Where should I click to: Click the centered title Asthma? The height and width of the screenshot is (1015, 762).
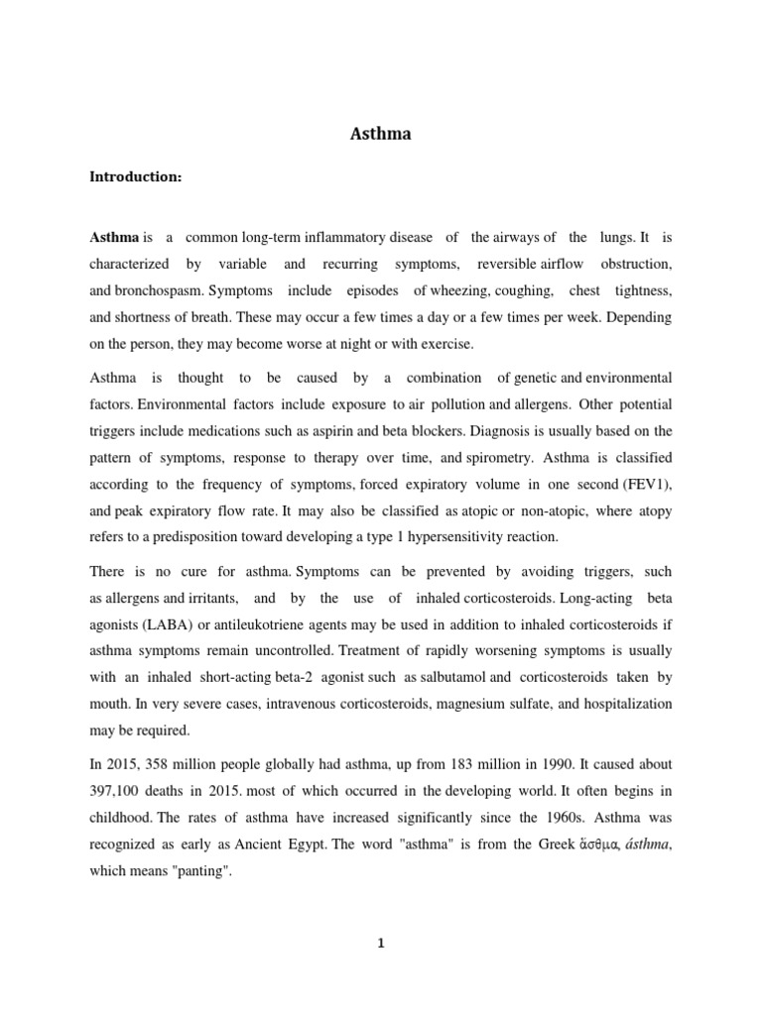pos(381,135)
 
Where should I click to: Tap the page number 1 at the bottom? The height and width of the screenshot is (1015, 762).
pos(381,944)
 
